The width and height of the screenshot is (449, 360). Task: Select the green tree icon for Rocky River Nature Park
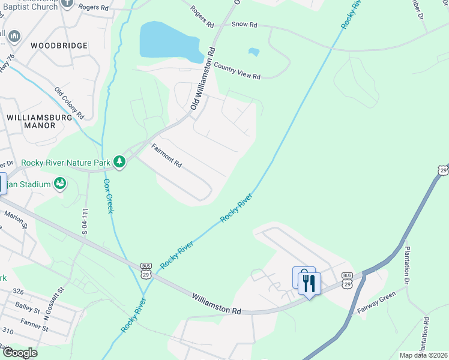click(x=120, y=161)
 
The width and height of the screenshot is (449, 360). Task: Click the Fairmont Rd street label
click(x=166, y=155)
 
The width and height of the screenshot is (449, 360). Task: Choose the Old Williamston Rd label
click(x=202, y=79)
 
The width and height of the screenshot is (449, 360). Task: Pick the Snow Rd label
click(x=244, y=25)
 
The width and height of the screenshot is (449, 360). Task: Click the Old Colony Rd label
click(x=70, y=102)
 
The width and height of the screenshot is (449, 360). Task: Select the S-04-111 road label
click(x=85, y=221)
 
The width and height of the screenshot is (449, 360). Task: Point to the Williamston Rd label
click(x=217, y=304)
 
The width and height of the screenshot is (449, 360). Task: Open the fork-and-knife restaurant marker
click(x=309, y=282)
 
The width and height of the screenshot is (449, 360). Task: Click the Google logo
click(x=19, y=353)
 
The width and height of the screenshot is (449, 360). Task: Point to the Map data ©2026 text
click(x=423, y=355)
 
